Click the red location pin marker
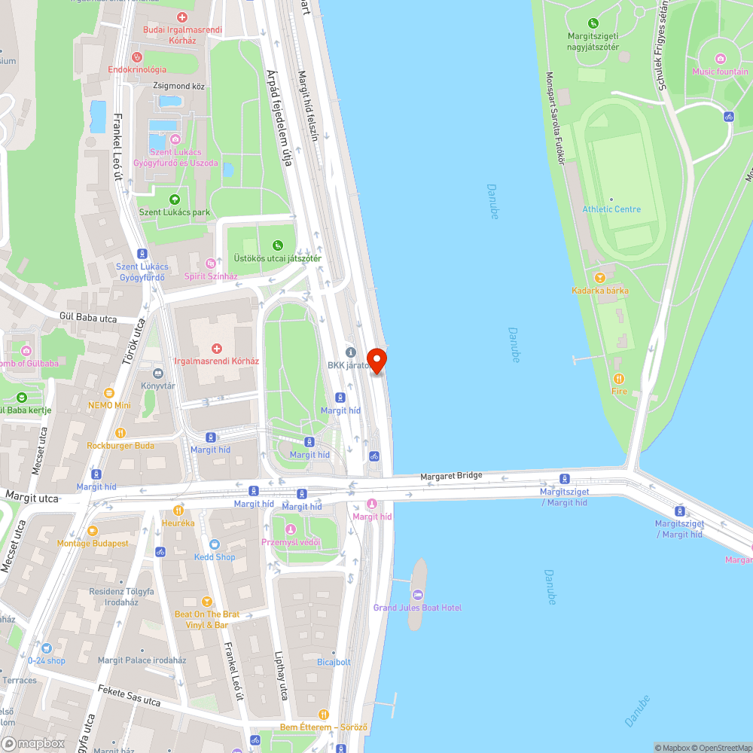click(376, 360)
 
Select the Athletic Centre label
click(611, 209)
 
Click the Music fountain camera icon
click(720, 59)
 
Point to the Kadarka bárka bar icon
click(600, 277)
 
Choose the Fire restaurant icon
click(618, 378)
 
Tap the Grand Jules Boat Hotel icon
click(417, 595)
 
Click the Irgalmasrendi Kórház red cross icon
click(217, 348)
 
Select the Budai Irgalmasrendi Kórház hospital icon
click(181, 17)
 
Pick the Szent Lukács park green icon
click(175, 199)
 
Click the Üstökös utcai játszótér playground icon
click(278, 245)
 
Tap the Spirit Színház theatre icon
click(211, 263)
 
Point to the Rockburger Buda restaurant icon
click(120, 432)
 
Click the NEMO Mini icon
click(109, 392)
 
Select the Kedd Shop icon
click(215, 544)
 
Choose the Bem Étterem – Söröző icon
click(323, 714)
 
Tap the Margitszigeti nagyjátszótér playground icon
click(593, 23)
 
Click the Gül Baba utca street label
click(88, 318)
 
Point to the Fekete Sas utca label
click(129, 695)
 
